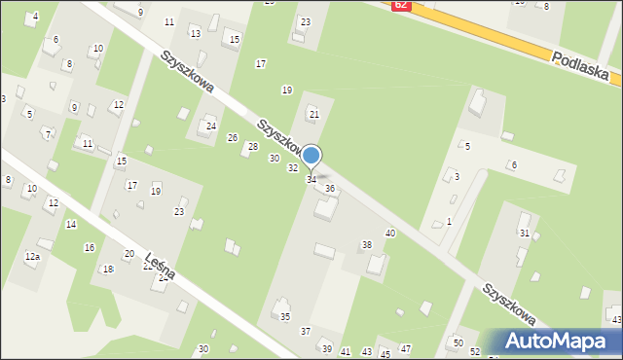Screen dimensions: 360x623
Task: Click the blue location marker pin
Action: pyautogui.click(x=311, y=156)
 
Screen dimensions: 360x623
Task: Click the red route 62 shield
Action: pyautogui.click(x=401, y=5)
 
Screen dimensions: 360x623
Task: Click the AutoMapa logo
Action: pyautogui.click(x=559, y=341)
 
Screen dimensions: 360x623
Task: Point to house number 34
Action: pyautogui.click(x=311, y=180)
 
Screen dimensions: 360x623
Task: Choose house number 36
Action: pyautogui.click(x=330, y=188)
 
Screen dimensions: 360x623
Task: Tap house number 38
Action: pyautogui.click(x=367, y=244)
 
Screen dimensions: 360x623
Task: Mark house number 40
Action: pyautogui.click(x=390, y=233)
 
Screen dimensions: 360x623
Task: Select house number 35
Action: pyautogui.click(x=285, y=317)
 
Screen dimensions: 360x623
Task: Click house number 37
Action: pyautogui.click(x=306, y=331)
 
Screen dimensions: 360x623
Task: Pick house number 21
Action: pyautogui.click(x=313, y=115)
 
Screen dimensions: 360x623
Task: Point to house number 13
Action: pyautogui.click(x=196, y=33)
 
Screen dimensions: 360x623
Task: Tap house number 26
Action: pyautogui.click(x=233, y=137)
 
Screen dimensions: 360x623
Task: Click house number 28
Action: pyautogui.click(x=253, y=146)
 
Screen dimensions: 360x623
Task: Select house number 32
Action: pyautogui.click(x=292, y=168)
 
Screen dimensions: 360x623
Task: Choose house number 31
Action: pyautogui.click(x=525, y=234)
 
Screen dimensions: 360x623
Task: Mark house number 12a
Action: pyautogui.click(x=32, y=256)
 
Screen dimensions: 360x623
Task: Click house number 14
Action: pyautogui.click(x=71, y=224)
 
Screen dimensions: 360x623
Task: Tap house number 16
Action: pyautogui.click(x=90, y=248)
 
